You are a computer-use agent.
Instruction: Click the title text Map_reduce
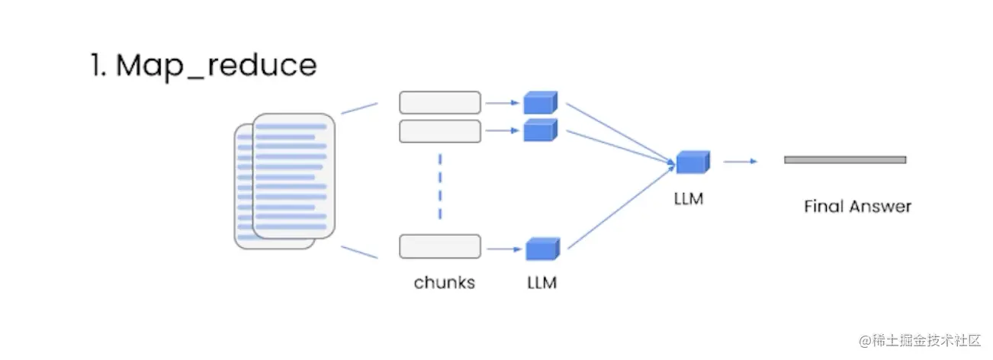point(216,66)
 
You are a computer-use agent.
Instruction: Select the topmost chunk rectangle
point(440,102)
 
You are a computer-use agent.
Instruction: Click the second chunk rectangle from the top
point(440,131)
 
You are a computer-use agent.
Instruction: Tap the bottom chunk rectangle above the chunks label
point(440,246)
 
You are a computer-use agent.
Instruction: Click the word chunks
point(444,283)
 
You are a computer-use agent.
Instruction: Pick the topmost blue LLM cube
point(540,103)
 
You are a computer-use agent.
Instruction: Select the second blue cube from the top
point(540,130)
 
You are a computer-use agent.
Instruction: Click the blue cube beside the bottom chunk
point(542,249)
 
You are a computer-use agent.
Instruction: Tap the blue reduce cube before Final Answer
point(693,162)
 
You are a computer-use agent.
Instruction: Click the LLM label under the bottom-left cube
point(541,283)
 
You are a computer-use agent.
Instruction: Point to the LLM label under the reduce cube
point(689,200)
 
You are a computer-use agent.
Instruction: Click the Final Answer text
point(857,206)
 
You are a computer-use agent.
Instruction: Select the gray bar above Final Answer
point(845,159)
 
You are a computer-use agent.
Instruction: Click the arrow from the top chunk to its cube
point(503,102)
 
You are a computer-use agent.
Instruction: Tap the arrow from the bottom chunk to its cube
point(503,249)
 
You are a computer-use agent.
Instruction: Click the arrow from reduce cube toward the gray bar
point(740,161)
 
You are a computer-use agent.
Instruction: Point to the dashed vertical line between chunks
point(440,187)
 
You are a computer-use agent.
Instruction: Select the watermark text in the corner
point(919,339)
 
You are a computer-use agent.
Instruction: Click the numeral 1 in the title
point(97,66)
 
